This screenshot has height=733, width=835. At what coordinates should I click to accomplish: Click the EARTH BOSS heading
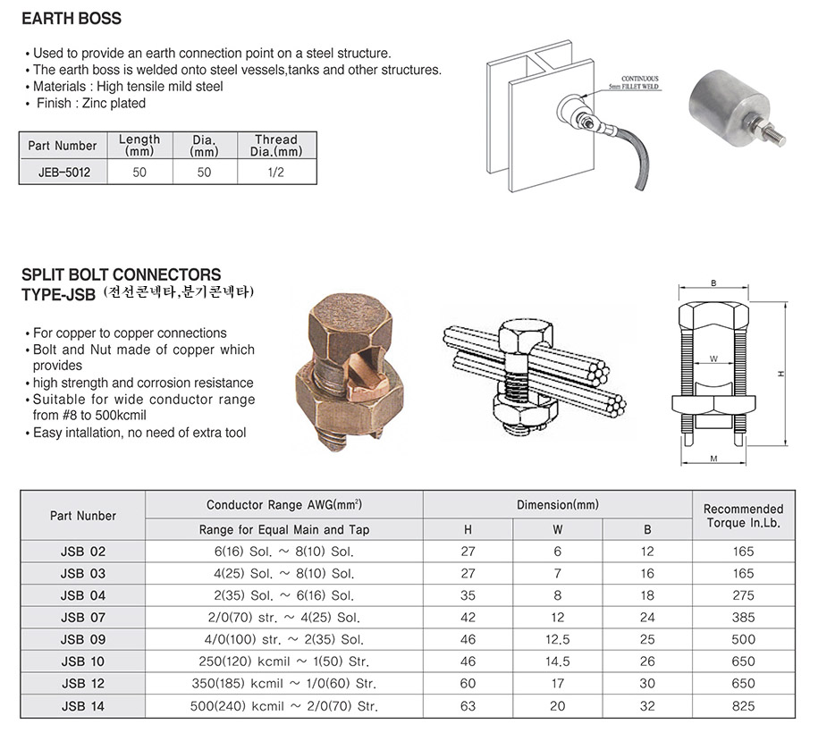click(x=72, y=19)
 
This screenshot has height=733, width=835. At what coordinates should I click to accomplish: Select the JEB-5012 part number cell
click(x=63, y=173)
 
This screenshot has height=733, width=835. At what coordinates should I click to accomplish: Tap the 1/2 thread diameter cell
click(x=276, y=173)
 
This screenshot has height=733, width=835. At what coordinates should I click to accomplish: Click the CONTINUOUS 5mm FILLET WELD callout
click(x=639, y=82)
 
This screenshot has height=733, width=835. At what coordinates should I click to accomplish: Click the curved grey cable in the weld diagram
click(x=634, y=155)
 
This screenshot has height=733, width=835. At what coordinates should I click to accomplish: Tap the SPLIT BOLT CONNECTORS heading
click(x=121, y=274)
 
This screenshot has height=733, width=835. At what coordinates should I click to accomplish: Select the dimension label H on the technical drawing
click(x=780, y=374)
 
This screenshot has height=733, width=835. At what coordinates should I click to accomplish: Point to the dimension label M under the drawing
click(x=713, y=459)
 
